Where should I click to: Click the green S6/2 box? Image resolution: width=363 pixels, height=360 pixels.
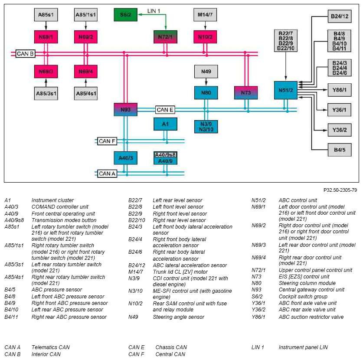click(125, 15)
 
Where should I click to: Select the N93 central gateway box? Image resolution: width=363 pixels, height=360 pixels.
click(125, 109)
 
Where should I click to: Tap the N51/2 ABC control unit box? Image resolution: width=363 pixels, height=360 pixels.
click(286, 90)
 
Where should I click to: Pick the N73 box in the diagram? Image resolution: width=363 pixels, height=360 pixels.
click(246, 93)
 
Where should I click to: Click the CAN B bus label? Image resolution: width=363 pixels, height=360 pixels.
click(25, 54)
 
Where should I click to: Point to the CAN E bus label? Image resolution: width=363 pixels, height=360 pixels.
click(165, 110)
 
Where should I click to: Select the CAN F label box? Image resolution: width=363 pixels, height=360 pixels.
click(107, 141)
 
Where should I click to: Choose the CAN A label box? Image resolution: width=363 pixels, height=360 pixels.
click(107, 173)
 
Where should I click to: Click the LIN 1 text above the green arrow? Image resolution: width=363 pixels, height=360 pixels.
click(154, 11)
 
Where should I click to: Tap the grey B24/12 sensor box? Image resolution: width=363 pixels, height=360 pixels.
click(340, 16)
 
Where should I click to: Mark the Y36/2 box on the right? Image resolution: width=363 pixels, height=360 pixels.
click(340, 130)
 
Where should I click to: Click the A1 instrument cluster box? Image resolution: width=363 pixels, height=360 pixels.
click(165, 124)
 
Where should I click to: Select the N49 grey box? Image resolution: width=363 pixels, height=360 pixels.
click(206, 71)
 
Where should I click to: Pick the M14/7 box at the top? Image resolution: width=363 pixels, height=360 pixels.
click(205, 15)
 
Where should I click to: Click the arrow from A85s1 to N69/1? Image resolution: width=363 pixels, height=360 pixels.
click(46, 26)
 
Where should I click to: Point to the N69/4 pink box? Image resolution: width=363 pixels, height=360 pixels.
click(86, 71)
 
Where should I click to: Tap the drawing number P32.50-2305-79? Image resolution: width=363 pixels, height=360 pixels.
click(340, 190)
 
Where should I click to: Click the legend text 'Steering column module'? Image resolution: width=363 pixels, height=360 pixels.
click(307, 283)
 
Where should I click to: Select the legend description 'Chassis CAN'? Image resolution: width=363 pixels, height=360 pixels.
click(171, 347)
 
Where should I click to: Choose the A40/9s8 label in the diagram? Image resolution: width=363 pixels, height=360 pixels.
click(165, 155)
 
